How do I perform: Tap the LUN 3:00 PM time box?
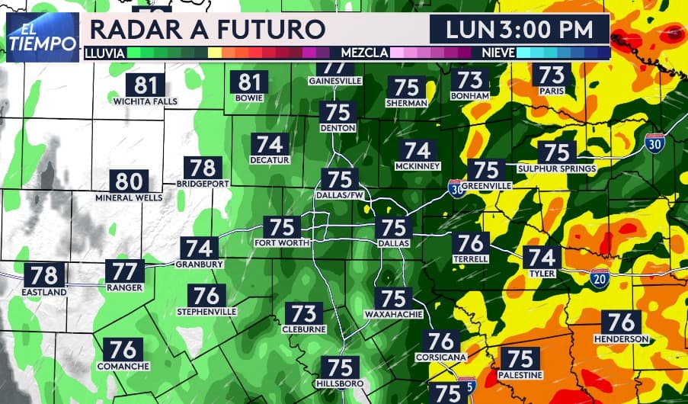click(x=519, y=30)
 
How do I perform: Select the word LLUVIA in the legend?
click(x=104, y=53)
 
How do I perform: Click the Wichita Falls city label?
click(x=145, y=101)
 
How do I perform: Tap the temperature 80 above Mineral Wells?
click(x=129, y=181)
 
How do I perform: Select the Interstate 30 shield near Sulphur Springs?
click(x=654, y=143)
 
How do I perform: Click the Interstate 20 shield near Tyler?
click(x=600, y=279)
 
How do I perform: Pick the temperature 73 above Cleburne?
click(x=304, y=313)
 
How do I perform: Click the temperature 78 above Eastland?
click(x=44, y=275)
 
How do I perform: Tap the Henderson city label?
click(x=621, y=338)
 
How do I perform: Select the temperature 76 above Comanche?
click(x=123, y=350)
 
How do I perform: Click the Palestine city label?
click(x=520, y=375)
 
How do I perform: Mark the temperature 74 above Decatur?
click(x=270, y=144)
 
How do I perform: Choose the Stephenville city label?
click(x=206, y=312)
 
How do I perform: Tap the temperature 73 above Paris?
click(x=552, y=75)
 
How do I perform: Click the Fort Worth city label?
click(x=283, y=243)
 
